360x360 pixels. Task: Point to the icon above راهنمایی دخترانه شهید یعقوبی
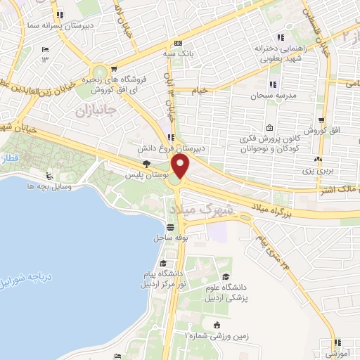pos(281,37)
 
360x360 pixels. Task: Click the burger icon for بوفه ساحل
pos(171,226)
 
